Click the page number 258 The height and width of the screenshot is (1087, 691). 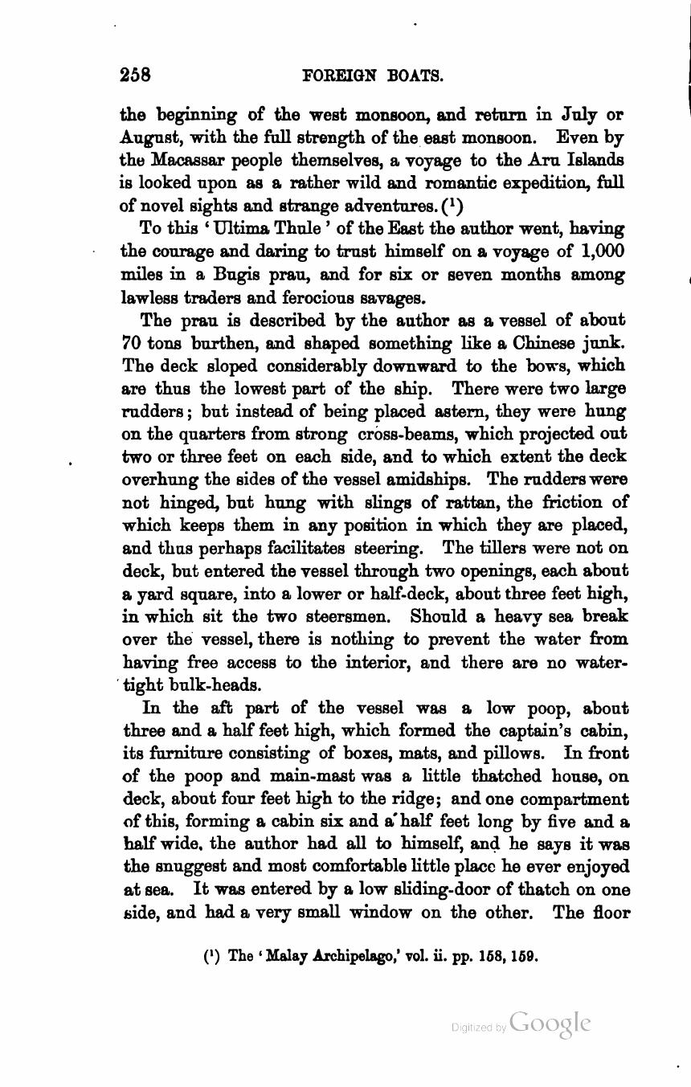click(x=136, y=75)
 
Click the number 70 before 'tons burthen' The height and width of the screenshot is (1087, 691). click(x=131, y=344)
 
